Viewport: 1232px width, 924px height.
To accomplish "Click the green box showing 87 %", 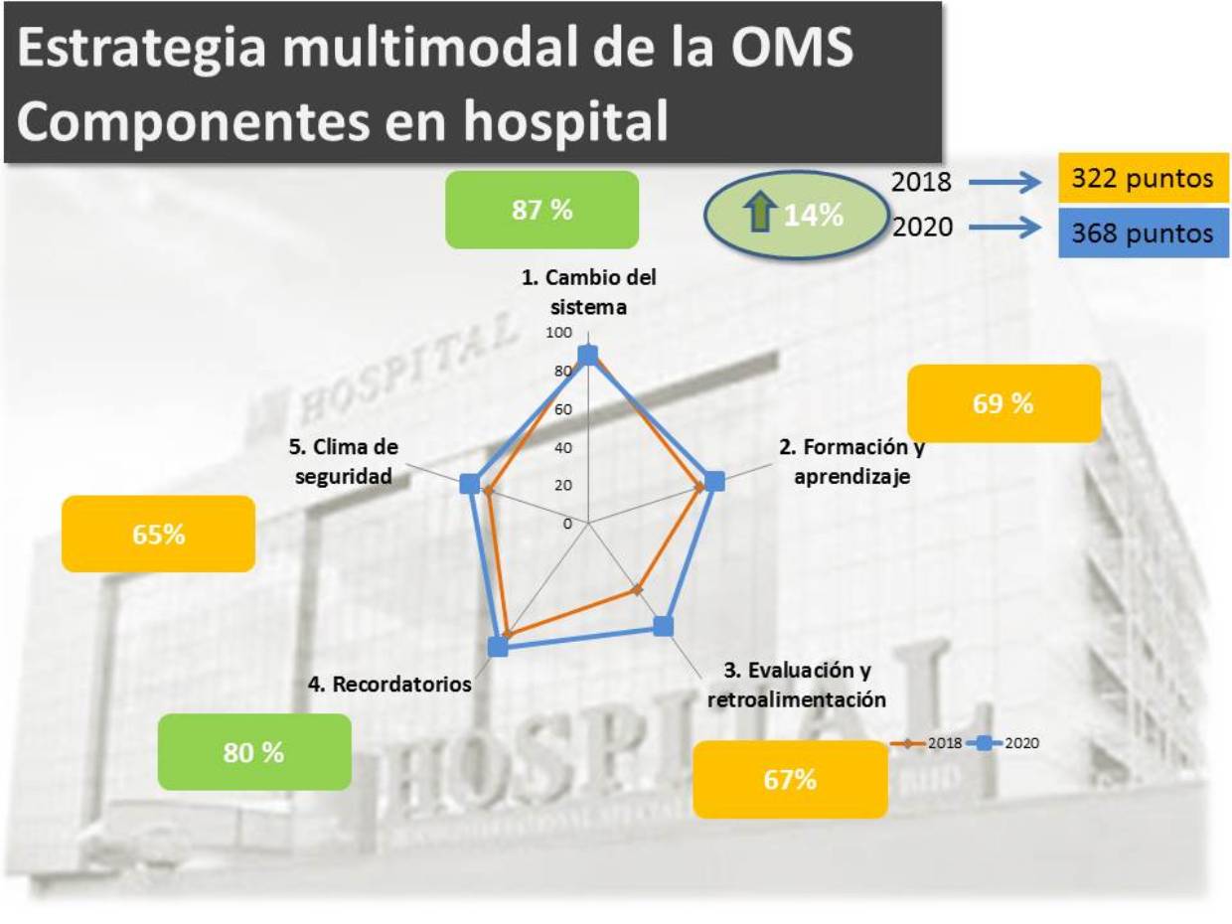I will click(x=540, y=210).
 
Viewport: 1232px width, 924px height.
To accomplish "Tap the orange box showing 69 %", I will click(x=1003, y=403).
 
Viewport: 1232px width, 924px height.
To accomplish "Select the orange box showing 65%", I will click(x=158, y=534).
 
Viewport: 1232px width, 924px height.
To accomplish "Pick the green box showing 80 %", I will click(x=254, y=752).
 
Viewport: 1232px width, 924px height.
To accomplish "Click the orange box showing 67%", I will click(x=790, y=780).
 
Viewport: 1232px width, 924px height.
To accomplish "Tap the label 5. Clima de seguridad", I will click(x=343, y=461).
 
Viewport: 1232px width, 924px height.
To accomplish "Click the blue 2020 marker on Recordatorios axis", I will click(x=498, y=647).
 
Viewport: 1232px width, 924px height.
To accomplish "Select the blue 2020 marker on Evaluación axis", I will click(x=663, y=626).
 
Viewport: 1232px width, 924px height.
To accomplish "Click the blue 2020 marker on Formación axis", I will click(x=714, y=481).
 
